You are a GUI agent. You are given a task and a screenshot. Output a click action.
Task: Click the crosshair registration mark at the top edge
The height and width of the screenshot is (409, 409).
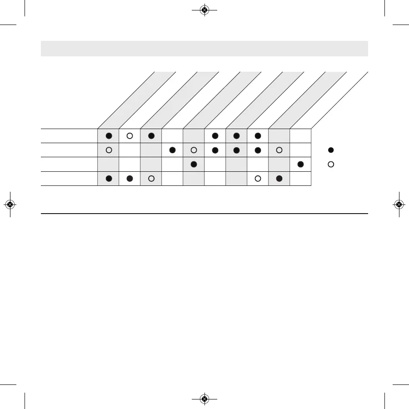click(204, 10)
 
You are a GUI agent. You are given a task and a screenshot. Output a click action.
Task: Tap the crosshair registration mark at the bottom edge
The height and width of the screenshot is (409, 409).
click(204, 399)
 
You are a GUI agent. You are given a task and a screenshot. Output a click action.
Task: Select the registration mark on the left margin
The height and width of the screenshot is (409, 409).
click(10, 204)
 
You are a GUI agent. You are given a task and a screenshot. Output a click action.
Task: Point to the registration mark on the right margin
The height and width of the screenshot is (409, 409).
click(399, 204)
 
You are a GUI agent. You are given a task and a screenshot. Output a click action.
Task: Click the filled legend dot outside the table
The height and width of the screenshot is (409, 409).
click(331, 150)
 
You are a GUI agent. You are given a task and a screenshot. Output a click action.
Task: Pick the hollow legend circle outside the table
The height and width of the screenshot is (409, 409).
click(331, 164)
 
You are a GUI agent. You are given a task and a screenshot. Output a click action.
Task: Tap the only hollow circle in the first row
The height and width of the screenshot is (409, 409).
click(130, 135)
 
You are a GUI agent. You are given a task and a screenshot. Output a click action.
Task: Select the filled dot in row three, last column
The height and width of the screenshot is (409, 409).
click(300, 164)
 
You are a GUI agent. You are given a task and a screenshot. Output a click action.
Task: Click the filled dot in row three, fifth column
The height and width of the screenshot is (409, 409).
click(194, 164)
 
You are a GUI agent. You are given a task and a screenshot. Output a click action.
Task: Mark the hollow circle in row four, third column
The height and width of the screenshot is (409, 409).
click(151, 178)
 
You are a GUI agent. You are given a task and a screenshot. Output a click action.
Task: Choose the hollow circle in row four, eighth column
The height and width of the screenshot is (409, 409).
click(258, 178)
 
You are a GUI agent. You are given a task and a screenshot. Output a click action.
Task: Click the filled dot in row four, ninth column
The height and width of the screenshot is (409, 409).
click(279, 178)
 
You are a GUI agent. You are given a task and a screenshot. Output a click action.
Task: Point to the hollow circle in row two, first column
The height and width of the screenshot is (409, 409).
click(109, 150)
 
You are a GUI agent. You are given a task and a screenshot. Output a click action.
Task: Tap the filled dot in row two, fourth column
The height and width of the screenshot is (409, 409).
click(172, 150)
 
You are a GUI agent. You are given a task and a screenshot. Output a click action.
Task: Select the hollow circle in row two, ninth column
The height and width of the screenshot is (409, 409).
click(279, 150)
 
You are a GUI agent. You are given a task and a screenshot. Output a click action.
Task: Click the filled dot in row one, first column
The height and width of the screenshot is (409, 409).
click(109, 135)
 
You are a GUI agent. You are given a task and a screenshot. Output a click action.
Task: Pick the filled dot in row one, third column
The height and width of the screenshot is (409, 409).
click(151, 135)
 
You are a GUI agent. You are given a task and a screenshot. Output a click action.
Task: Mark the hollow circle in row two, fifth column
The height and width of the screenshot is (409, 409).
click(194, 150)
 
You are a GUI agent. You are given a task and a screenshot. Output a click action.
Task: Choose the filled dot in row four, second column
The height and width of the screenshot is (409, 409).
click(130, 178)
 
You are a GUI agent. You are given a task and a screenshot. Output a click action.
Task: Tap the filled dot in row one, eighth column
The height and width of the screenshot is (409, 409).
click(258, 135)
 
